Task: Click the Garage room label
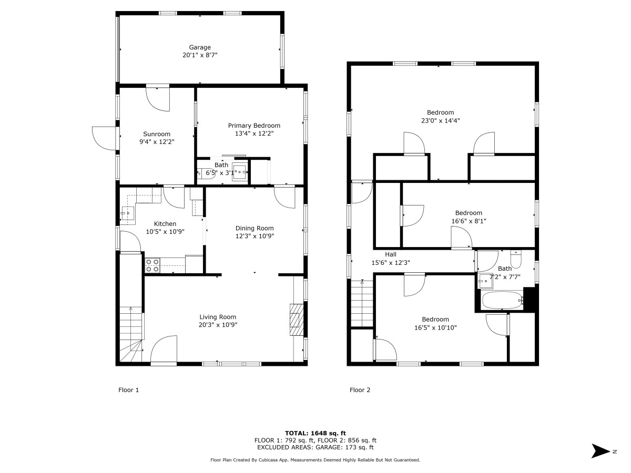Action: click(200, 47)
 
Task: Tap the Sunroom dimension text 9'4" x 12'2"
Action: click(157, 142)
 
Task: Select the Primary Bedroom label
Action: click(254, 126)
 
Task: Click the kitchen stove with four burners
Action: click(152, 265)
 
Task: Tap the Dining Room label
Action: click(255, 228)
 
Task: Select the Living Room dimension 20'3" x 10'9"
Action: click(218, 325)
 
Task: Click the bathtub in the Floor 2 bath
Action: click(502, 301)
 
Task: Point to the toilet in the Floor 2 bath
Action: click(515, 260)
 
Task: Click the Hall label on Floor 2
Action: click(390, 254)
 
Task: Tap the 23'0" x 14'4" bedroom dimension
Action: click(440, 120)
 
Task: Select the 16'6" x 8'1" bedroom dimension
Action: click(469, 221)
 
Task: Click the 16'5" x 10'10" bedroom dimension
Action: click(435, 327)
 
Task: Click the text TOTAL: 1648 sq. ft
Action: click(315, 433)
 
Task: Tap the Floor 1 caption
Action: click(128, 390)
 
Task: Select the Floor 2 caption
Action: click(360, 390)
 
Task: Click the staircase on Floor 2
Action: click(362, 304)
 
